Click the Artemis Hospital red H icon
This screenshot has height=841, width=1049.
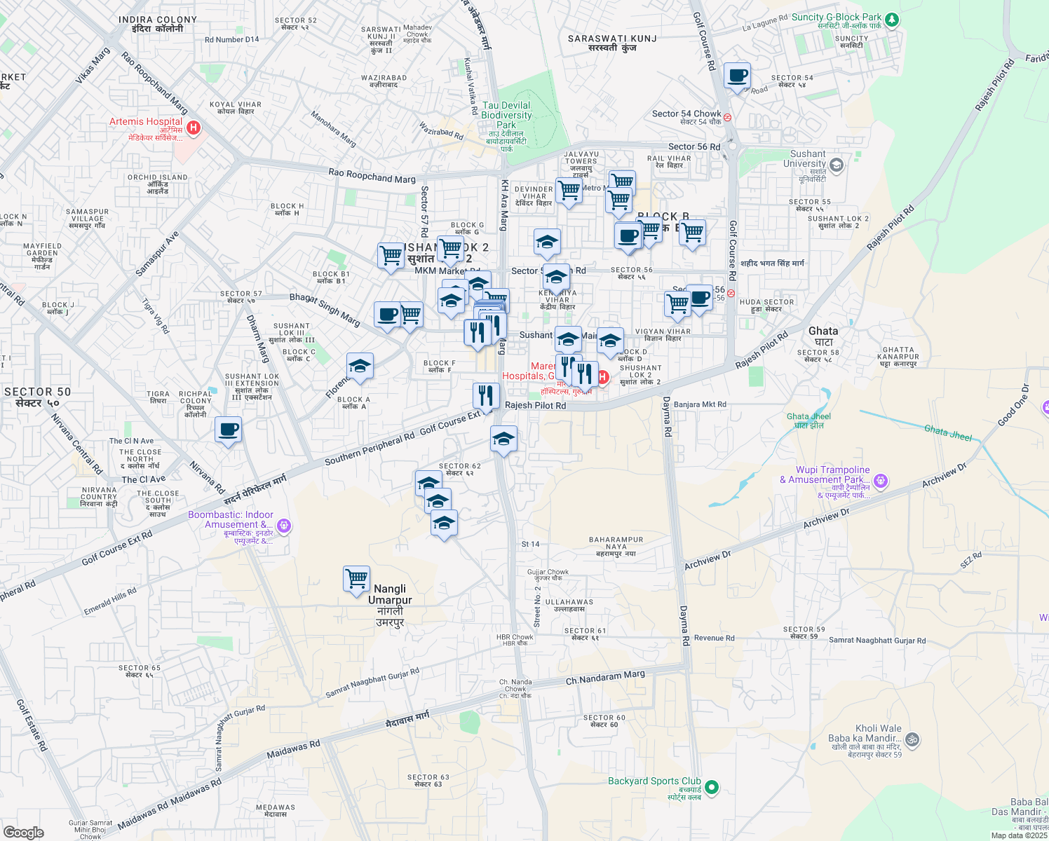pyautogui.click(x=194, y=128)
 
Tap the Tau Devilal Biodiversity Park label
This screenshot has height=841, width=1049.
pyautogui.click(x=506, y=116)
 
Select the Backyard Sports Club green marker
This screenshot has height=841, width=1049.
pyautogui.click(x=712, y=788)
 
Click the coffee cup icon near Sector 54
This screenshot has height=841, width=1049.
pyautogui.click(x=737, y=76)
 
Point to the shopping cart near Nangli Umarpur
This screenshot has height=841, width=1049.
pyautogui.click(x=357, y=579)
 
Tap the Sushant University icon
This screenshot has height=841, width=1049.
pyautogui.click(x=836, y=166)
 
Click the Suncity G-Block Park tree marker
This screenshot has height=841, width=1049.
pyautogui.click(x=892, y=20)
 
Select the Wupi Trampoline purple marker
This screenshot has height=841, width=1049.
pyautogui.click(x=881, y=481)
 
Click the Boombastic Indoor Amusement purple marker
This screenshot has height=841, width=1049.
pyautogui.click(x=283, y=525)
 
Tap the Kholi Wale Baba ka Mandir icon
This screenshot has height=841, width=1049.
pyautogui.click(x=912, y=739)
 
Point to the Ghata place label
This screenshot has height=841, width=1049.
pyautogui.click(x=823, y=331)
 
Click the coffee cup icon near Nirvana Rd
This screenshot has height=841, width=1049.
pyautogui.click(x=228, y=430)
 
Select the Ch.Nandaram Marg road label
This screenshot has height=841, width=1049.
pyautogui.click(x=605, y=678)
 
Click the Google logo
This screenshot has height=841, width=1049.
pyautogui.click(x=24, y=832)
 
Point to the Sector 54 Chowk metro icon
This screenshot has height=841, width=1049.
pyautogui.click(x=728, y=118)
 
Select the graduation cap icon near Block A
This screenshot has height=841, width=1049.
pyautogui.click(x=360, y=366)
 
